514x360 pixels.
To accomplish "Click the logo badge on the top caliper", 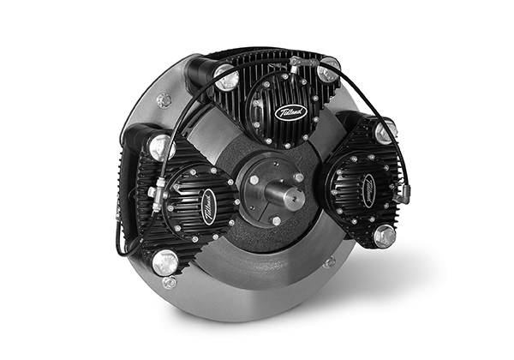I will (290, 111).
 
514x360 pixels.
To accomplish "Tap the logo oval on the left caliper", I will (208, 207).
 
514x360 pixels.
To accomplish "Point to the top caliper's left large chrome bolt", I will (225, 75).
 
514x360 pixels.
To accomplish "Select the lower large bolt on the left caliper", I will (164, 260).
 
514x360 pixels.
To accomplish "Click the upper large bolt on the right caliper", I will (385, 131).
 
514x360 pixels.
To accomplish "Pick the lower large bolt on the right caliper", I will (384, 237).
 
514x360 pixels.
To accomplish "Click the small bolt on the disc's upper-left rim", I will (164, 100).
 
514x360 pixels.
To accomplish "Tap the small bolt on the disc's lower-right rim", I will (329, 261).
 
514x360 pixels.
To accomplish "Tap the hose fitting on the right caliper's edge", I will (403, 190).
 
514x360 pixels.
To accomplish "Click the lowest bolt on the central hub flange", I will (276, 220).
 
